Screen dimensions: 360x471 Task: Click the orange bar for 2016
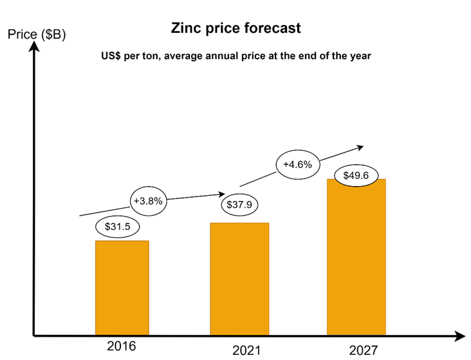click(122, 288)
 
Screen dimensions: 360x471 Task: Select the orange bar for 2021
click(239, 279)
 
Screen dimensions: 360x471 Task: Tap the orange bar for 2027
click(356, 257)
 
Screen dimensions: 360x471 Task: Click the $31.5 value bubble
click(118, 227)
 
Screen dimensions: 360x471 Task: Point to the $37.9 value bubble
click(239, 205)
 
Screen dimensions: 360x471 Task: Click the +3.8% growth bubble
click(149, 200)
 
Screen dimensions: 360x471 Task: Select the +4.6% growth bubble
click(297, 164)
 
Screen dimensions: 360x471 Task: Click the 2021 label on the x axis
click(246, 351)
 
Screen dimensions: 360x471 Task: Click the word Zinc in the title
click(183, 29)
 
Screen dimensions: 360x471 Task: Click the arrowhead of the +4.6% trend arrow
click(360, 147)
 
